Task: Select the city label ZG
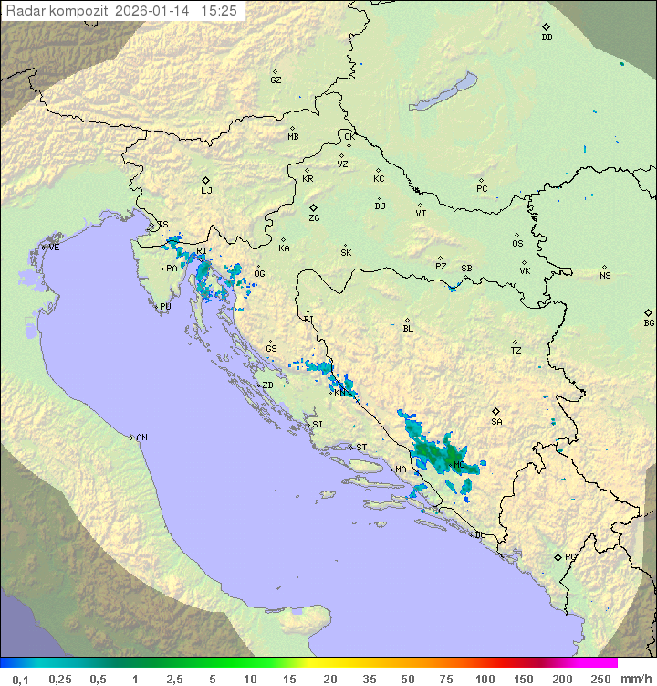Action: pyautogui.click(x=314, y=218)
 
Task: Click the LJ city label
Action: pyautogui.click(x=206, y=191)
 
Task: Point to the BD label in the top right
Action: pyautogui.click(x=547, y=37)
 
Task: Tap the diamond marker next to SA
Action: pyautogui.click(x=496, y=411)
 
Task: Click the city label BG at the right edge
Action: pyautogui.click(x=649, y=322)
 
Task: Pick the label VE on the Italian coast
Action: pyautogui.click(x=54, y=248)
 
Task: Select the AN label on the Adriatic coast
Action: pyautogui.click(x=141, y=438)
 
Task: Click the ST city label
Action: pyautogui.click(x=361, y=448)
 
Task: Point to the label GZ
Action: pyautogui.click(x=276, y=79)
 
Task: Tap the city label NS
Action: pyautogui.click(x=605, y=276)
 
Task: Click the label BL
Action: pyautogui.click(x=408, y=328)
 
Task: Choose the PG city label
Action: pyautogui.click(x=570, y=556)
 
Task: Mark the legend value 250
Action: pyautogui.click(x=600, y=679)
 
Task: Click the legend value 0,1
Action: pyautogui.click(x=20, y=679)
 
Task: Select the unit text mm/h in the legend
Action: pyautogui.click(x=632, y=679)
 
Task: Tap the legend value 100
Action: pyautogui.click(x=485, y=679)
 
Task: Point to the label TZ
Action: pyautogui.click(x=516, y=350)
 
